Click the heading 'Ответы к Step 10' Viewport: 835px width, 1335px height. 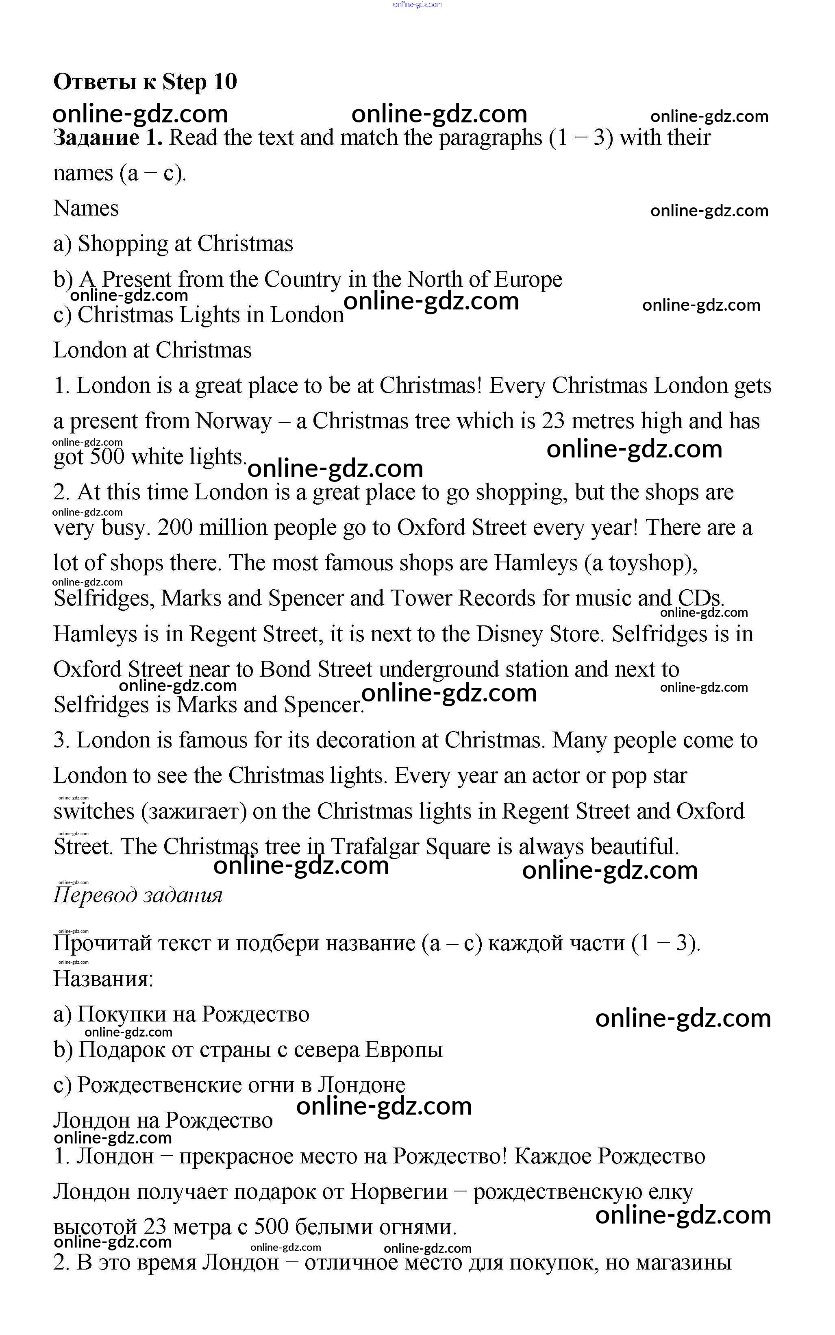click(x=145, y=81)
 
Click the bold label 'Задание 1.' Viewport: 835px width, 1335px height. click(x=108, y=137)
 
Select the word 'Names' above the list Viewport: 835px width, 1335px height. click(x=86, y=208)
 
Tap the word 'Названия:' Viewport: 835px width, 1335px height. click(x=103, y=979)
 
